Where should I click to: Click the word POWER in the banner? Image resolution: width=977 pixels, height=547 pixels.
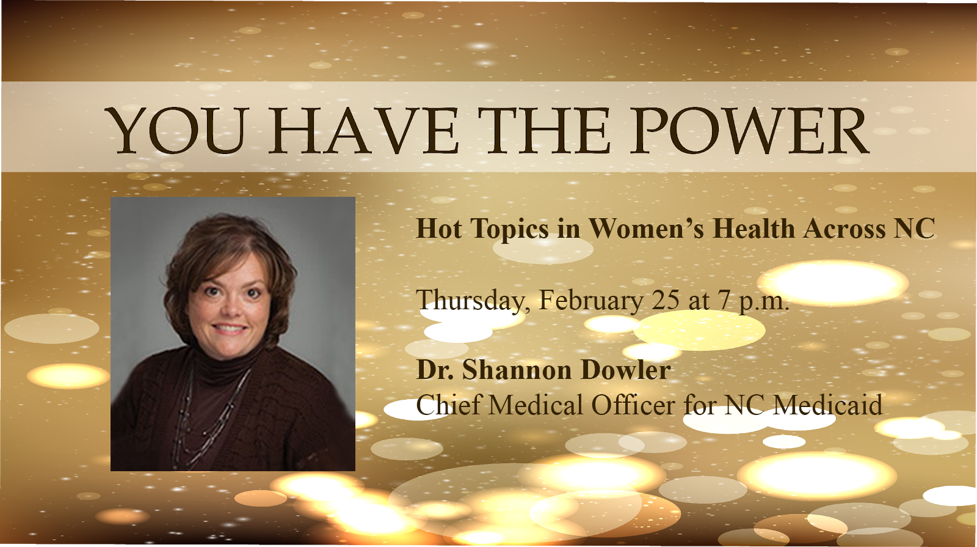[x=750, y=131]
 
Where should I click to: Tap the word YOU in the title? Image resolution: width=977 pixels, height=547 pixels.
[x=174, y=131]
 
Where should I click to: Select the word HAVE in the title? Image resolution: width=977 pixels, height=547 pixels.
[x=361, y=131]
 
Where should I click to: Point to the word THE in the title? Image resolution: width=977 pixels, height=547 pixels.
[x=543, y=131]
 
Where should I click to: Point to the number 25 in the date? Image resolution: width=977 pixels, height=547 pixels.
[x=666, y=300]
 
